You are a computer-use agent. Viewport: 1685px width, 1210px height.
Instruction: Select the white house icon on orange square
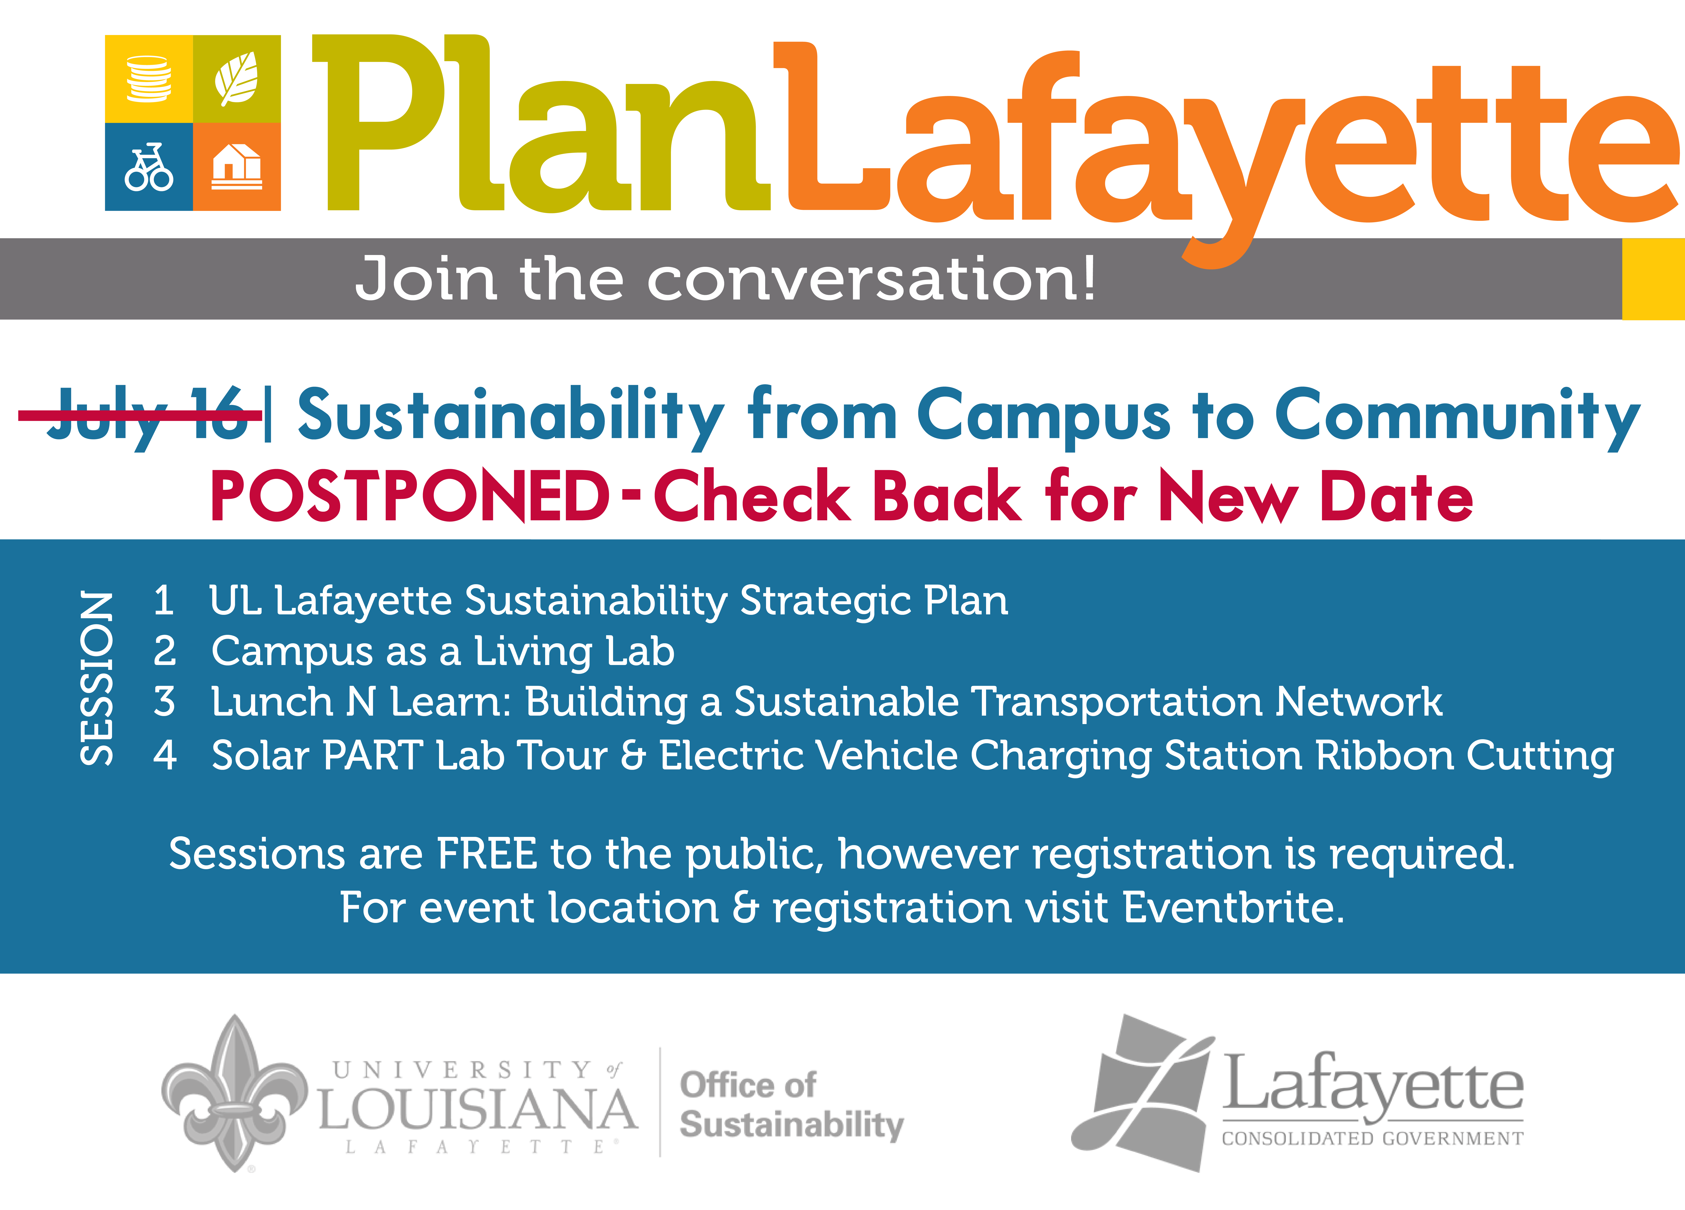pyautogui.click(x=237, y=166)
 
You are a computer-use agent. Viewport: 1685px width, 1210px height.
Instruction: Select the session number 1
pyautogui.click(x=164, y=600)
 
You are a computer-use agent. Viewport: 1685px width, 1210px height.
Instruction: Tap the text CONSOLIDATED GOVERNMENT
pyautogui.click(x=1372, y=1139)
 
